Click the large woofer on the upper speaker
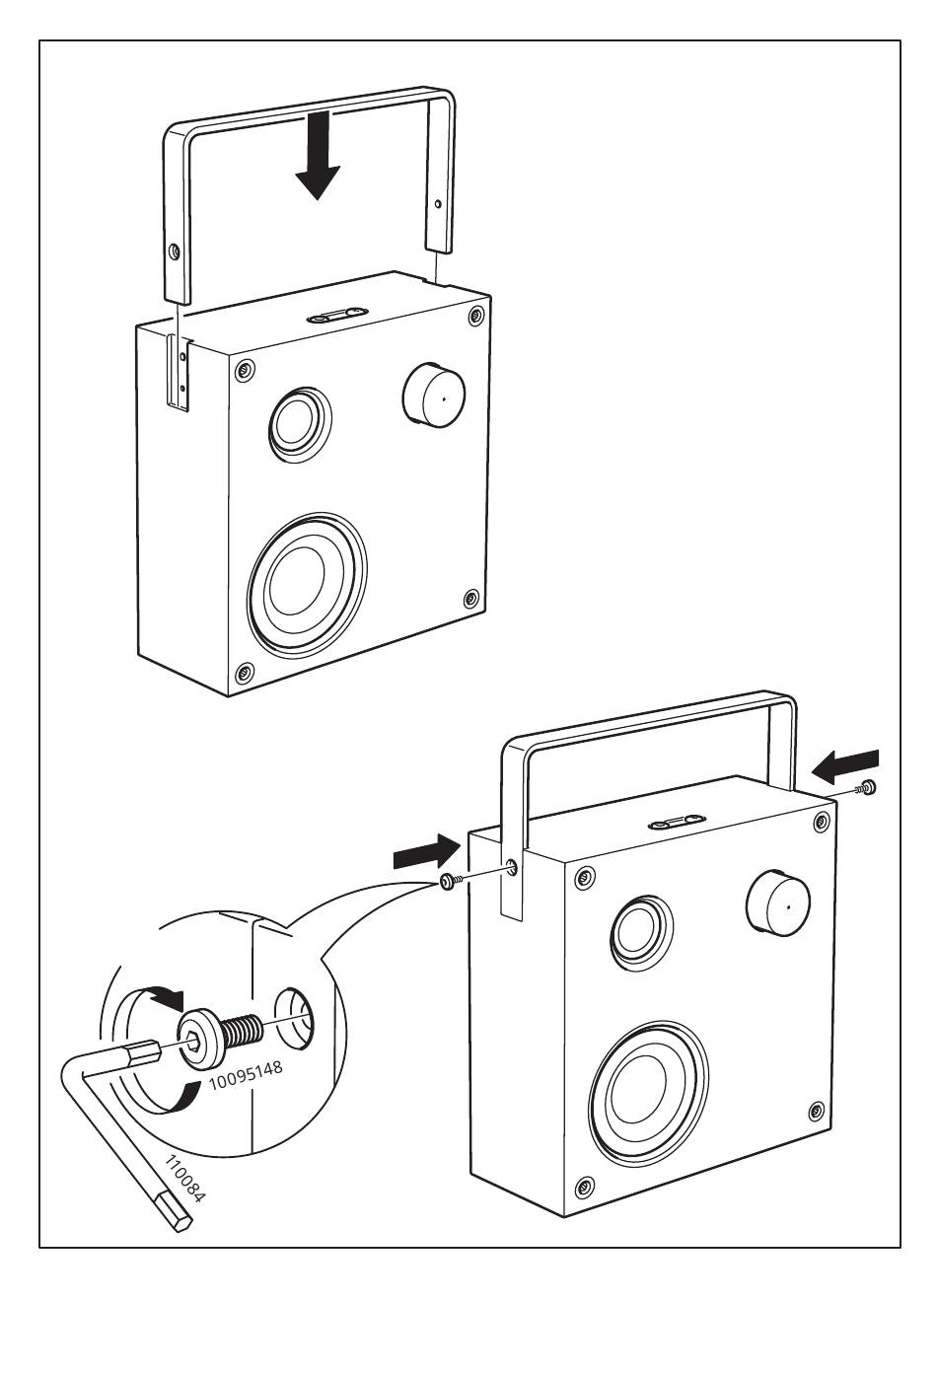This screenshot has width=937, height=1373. [x=306, y=584]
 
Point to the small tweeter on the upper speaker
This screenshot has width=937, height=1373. [x=299, y=422]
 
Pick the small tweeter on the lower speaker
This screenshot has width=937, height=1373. [x=642, y=930]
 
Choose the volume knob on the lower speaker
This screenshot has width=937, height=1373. [x=778, y=903]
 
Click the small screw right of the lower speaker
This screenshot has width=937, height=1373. [x=868, y=786]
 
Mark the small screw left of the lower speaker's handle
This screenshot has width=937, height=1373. [x=447, y=882]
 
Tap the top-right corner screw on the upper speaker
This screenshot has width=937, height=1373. [x=476, y=316]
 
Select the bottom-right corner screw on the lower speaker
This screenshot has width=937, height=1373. [x=816, y=1112]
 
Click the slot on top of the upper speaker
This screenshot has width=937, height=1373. [x=338, y=316]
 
